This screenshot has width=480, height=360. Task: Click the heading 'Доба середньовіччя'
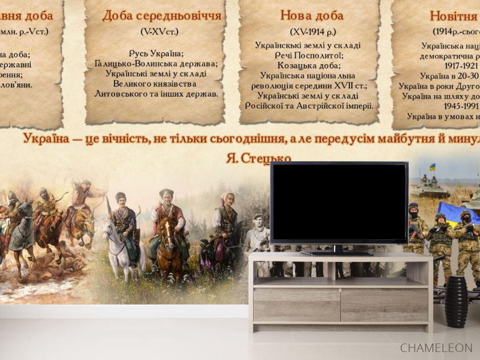(x=162, y=16)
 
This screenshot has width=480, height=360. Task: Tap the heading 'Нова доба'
(x=312, y=16)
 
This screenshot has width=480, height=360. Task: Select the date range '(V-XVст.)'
(x=160, y=32)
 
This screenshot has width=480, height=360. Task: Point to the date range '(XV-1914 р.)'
(x=313, y=32)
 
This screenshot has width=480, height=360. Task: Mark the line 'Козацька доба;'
(x=308, y=66)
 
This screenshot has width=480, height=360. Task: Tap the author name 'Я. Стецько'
(x=258, y=158)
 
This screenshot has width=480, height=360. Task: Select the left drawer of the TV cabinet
(x=296, y=305)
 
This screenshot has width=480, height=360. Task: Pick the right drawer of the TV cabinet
(x=384, y=305)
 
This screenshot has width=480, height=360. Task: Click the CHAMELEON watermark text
(x=436, y=347)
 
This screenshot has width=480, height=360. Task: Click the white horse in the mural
(x=118, y=245)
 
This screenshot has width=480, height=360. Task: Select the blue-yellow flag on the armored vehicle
(x=432, y=167)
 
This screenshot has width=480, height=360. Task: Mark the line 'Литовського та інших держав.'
(x=156, y=93)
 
